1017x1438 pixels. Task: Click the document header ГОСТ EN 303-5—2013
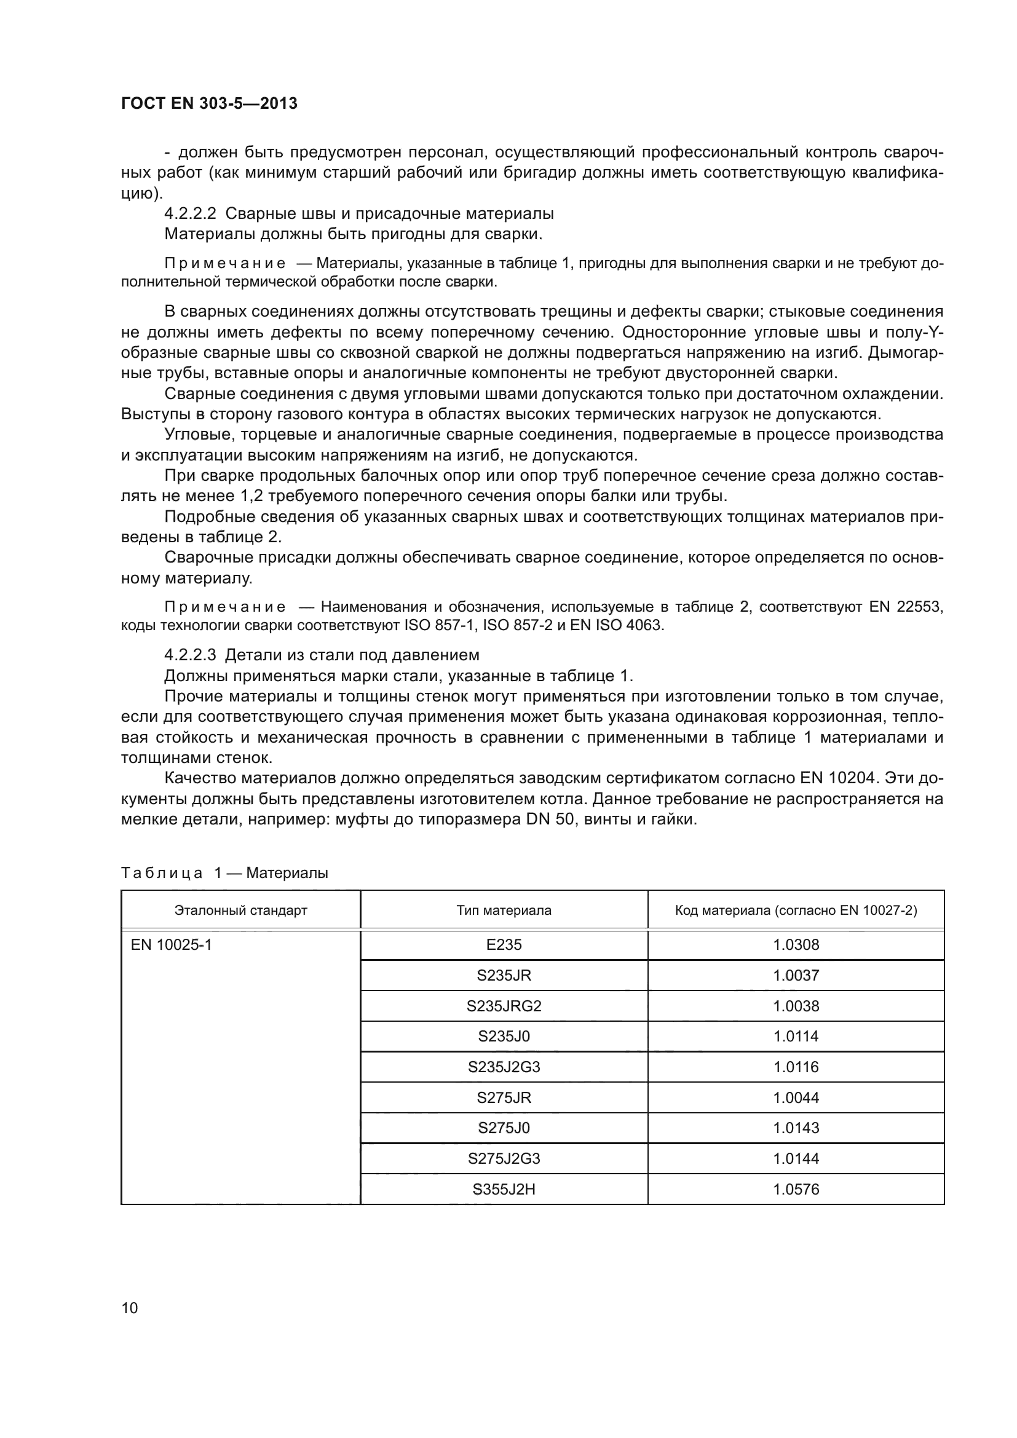coord(209,103)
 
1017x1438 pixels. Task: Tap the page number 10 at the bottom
coord(130,1308)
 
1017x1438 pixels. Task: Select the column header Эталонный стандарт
coord(240,910)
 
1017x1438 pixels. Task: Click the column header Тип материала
coord(504,910)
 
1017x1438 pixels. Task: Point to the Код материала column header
coord(795,910)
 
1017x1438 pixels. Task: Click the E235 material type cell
coord(504,944)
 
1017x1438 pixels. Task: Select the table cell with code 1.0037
coord(795,975)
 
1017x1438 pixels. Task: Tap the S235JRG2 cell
coord(504,1006)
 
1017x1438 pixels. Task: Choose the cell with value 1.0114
coord(795,1036)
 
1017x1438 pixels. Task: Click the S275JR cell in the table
coord(504,1097)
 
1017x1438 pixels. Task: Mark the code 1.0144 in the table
coord(795,1158)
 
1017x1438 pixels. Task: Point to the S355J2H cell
coord(504,1189)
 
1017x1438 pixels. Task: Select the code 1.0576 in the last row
coord(795,1189)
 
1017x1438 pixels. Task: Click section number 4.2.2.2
coord(190,213)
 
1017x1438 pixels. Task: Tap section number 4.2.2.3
coord(190,655)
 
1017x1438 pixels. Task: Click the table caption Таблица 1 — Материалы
coord(224,872)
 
